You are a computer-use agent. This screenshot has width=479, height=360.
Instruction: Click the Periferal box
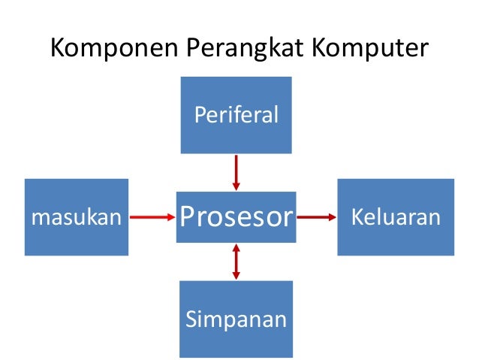236,114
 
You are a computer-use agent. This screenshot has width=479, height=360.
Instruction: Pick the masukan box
76,216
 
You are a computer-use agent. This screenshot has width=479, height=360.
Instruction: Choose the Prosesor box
236,216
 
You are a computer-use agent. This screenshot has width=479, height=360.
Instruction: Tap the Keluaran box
395,216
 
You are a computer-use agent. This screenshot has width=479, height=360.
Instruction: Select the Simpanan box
236,319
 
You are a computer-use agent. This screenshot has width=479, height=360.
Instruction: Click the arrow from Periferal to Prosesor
236,172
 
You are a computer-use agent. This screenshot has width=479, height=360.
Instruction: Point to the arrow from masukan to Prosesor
152,217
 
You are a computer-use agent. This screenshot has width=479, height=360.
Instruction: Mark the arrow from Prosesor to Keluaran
316,217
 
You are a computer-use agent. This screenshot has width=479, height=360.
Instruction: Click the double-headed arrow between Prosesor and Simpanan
236,262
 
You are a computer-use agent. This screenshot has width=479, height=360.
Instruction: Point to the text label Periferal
236,115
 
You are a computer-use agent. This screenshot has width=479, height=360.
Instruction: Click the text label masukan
76,218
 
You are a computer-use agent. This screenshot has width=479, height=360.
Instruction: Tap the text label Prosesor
236,217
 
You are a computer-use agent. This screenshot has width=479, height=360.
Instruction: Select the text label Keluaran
395,217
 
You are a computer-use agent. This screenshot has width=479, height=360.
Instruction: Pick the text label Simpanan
236,319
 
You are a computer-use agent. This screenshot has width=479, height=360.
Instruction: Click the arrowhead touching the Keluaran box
331,217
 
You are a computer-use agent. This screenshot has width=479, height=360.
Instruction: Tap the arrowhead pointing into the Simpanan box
236,276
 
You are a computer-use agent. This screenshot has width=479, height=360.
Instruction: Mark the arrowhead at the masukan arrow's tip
170,217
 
